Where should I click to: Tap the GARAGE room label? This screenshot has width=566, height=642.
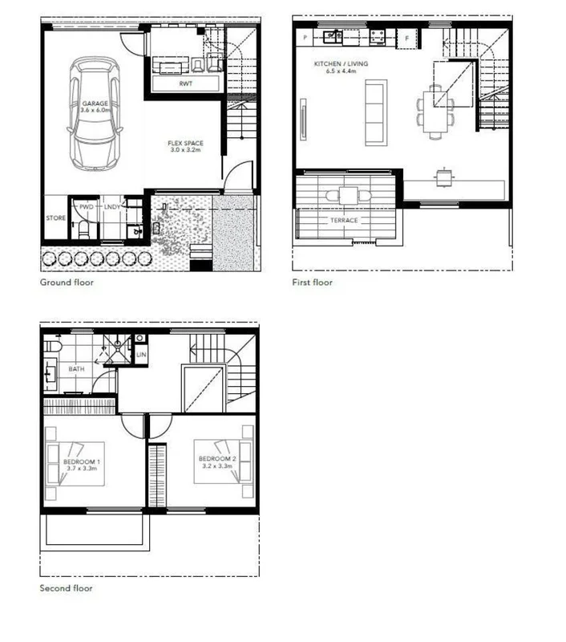[x=94, y=104]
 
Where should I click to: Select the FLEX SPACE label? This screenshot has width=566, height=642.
[x=184, y=145]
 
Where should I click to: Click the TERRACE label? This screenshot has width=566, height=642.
[x=345, y=220]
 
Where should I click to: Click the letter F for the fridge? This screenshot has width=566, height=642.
[x=406, y=38]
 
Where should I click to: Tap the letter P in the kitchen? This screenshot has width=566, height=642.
[x=305, y=38]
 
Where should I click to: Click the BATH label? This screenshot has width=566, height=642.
[x=77, y=369]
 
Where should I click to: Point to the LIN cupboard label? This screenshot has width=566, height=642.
[x=140, y=354]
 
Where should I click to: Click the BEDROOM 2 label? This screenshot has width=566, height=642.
[x=216, y=461]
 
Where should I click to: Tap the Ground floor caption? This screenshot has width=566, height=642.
[x=67, y=282]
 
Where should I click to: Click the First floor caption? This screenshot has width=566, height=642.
[x=313, y=282]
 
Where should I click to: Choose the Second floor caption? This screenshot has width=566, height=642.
[x=67, y=588]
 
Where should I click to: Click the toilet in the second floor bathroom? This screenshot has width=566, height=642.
[x=54, y=346]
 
